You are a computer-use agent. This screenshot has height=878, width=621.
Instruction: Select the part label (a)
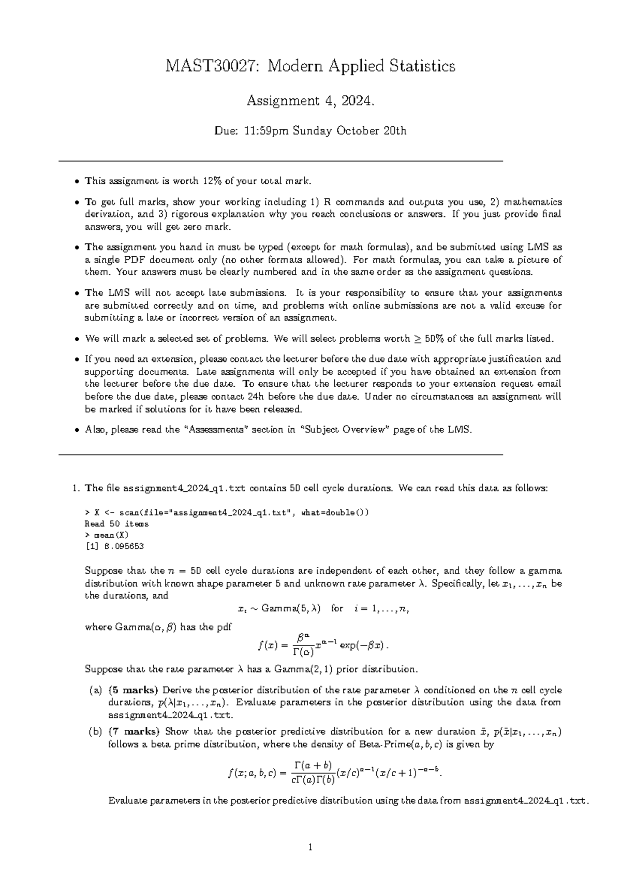95,691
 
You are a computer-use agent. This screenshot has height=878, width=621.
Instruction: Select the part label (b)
95,733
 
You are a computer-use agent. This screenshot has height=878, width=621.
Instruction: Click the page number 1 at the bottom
310,848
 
